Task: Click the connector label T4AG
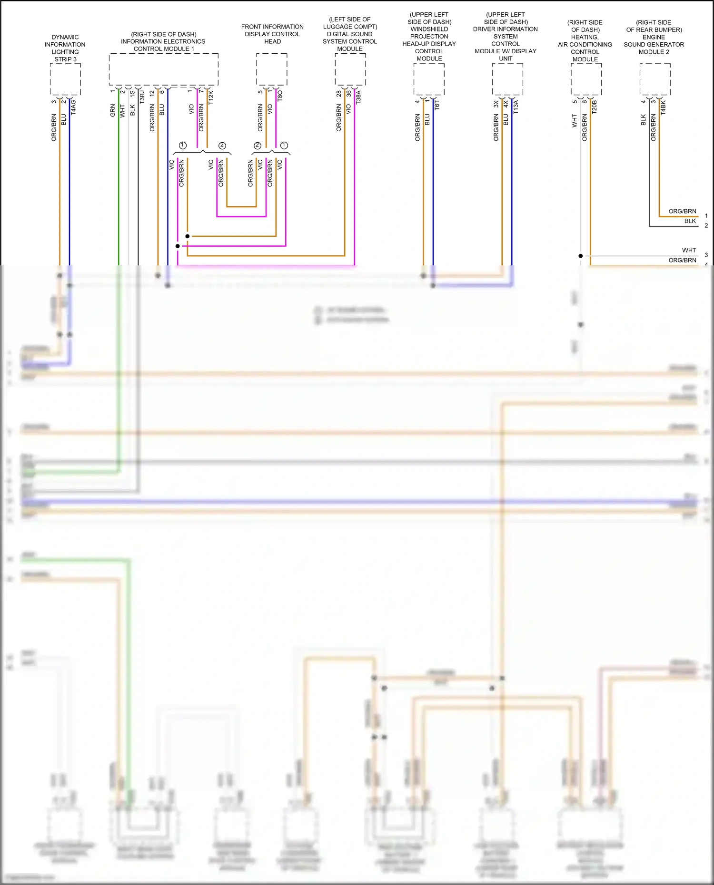(x=73, y=107)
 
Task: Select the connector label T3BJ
(x=142, y=97)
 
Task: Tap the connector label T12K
(x=211, y=97)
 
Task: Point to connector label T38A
(x=358, y=97)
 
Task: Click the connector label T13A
(x=516, y=107)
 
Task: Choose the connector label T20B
(x=594, y=107)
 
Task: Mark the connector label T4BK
(x=663, y=107)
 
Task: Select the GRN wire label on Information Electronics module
(x=113, y=110)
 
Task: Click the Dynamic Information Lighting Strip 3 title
(x=65, y=48)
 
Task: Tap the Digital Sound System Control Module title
(x=350, y=34)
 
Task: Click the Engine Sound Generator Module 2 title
(x=654, y=37)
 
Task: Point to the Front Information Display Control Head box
(x=272, y=69)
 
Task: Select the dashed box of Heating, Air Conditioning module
(x=586, y=79)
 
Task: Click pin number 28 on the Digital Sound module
(x=338, y=94)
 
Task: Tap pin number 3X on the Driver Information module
(x=496, y=103)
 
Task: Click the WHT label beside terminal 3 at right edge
(x=688, y=250)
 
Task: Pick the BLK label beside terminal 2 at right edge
(x=690, y=221)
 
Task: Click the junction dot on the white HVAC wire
(x=581, y=256)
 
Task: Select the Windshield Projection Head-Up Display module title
(x=429, y=37)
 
